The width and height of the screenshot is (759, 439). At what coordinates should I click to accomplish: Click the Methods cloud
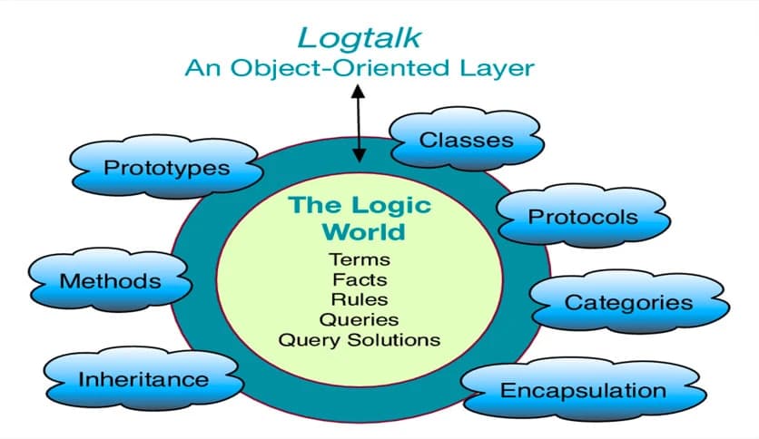click(110, 281)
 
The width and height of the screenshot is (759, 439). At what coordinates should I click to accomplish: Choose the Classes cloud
click(466, 141)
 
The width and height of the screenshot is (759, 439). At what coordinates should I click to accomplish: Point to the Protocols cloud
click(583, 217)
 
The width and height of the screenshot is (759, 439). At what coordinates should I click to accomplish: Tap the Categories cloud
click(627, 302)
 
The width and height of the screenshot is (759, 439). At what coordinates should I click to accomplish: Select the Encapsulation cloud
click(583, 391)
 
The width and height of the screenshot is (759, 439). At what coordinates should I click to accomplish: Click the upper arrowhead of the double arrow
click(359, 91)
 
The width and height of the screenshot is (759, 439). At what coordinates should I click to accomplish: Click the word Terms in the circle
click(360, 260)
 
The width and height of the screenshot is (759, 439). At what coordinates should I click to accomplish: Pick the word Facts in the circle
click(360, 279)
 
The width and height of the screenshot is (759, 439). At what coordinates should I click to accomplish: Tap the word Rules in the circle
click(360, 299)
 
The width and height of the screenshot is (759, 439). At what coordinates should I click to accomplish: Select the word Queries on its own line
click(360, 319)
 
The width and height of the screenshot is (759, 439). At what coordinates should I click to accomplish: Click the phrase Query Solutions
click(360, 340)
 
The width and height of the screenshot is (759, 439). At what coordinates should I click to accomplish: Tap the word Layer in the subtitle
click(498, 67)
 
